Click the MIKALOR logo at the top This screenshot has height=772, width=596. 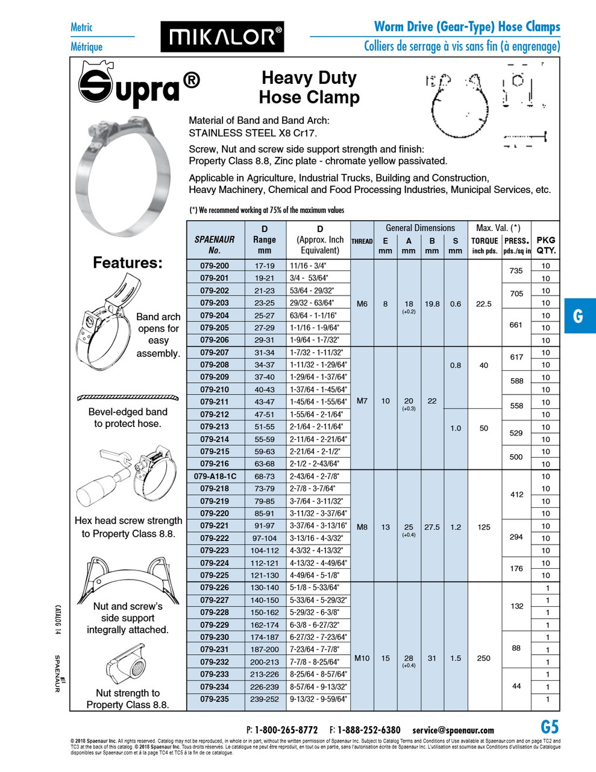(x=222, y=37)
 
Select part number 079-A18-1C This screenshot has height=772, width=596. (x=215, y=476)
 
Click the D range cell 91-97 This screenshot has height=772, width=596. (x=264, y=526)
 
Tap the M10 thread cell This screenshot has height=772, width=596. (x=362, y=658)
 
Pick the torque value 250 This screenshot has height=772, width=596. (x=484, y=658)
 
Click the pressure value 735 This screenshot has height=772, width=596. (x=516, y=271)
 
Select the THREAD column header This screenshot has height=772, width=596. (x=362, y=241)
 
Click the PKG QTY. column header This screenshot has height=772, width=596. (x=546, y=245)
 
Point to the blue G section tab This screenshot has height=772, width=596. (x=579, y=315)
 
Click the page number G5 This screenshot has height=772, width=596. (x=550, y=727)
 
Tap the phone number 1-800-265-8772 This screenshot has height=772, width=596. (x=286, y=730)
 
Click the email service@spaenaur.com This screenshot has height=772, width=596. (x=453, y=730)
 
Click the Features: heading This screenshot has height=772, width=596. (x=127, y=263)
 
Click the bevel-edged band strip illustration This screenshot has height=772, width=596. (x=128, y=397)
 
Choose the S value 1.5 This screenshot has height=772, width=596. (x=456, y=658)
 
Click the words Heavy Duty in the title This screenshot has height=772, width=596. (x=309, y=78)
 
